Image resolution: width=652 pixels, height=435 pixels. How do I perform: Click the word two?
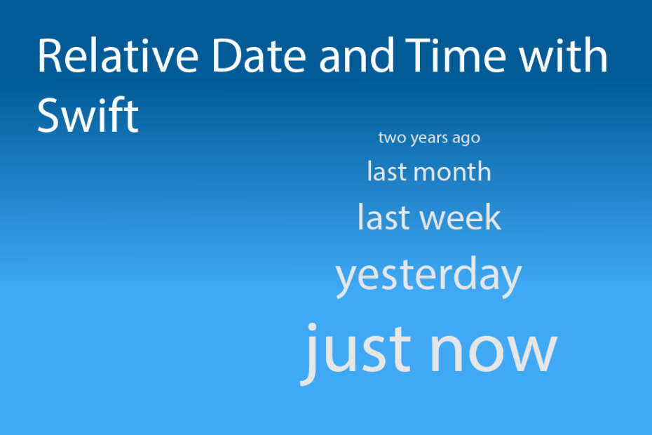(x=390, y=138)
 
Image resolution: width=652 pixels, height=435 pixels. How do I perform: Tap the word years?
(x=428, y=138)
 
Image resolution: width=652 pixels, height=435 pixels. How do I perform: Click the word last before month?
(x=386, y=172)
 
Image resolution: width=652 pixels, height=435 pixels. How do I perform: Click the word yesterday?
(x=428, y=276)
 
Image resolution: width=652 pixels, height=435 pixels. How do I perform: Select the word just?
(x=357, y=349)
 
